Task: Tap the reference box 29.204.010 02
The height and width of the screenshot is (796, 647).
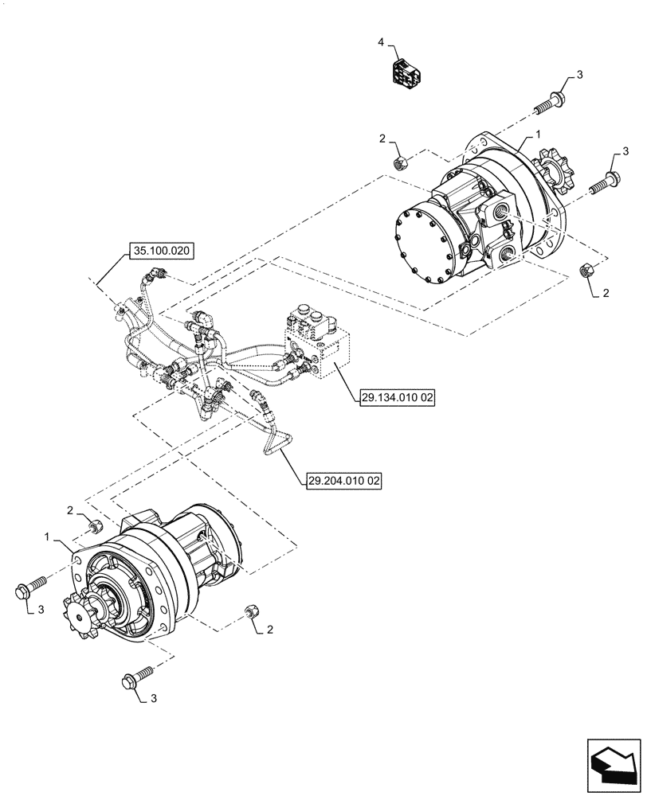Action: [x=343, y=482]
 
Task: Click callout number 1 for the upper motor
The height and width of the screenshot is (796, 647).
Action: [x=539, y=136]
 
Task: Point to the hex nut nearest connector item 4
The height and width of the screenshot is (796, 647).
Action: [x=402, y=163]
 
